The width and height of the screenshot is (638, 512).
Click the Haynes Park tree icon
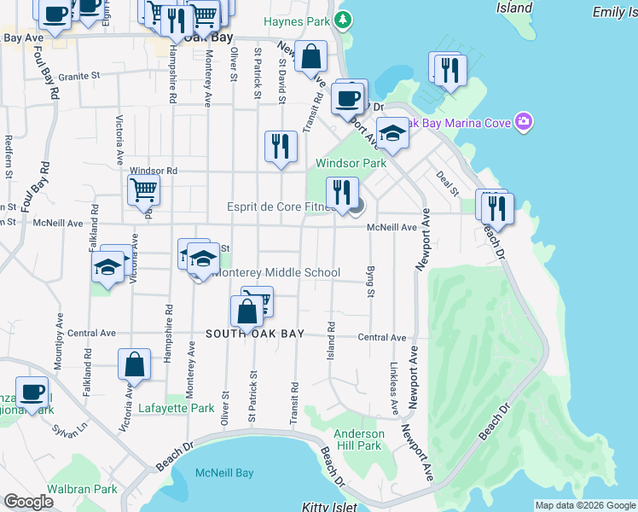(343, 20)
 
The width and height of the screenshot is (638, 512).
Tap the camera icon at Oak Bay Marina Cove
(524, 123)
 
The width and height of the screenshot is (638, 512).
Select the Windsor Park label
(351, 163)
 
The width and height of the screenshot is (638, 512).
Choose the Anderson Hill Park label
(358, 439)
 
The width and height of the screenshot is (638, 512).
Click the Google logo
(28, 502)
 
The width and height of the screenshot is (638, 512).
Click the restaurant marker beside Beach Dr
(496, 207)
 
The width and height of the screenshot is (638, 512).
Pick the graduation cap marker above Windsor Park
(392, 133)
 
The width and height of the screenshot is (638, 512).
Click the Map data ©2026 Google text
(585, 505)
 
